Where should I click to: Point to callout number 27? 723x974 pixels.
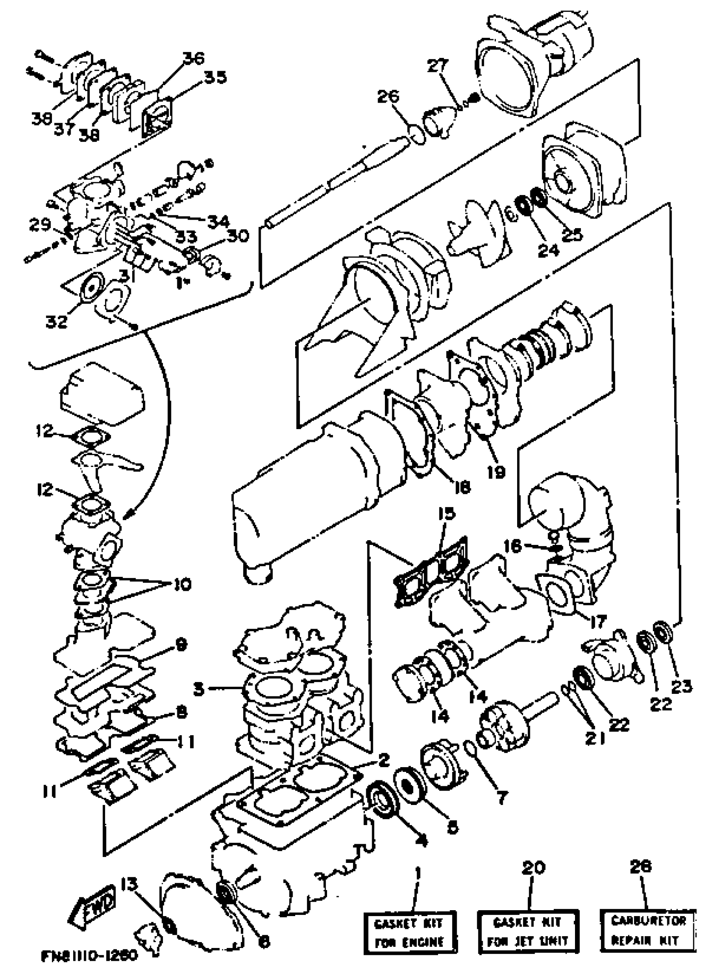(x=437, y=65)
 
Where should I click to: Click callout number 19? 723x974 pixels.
(x=496, y=472)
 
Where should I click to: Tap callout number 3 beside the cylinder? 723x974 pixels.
(x=199, y=688)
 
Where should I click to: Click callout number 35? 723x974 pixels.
(x=215, y=77)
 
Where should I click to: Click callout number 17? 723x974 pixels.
(x=598, y=621)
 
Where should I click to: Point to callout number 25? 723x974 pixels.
(x=572, y=235)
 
